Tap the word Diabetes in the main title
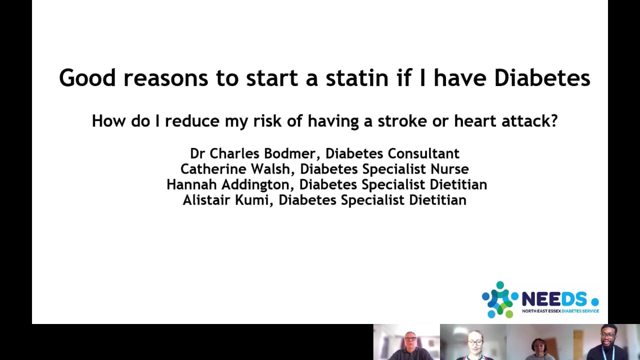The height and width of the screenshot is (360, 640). [x=542, y=78]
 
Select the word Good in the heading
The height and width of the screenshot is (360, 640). [x=87, y=78]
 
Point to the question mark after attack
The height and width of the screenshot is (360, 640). [x=553, y=121]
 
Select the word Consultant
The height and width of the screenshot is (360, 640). [x=423, y=153]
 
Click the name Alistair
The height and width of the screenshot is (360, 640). [x=206, y=200]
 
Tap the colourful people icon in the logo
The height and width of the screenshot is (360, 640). [x=499, y=299]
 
